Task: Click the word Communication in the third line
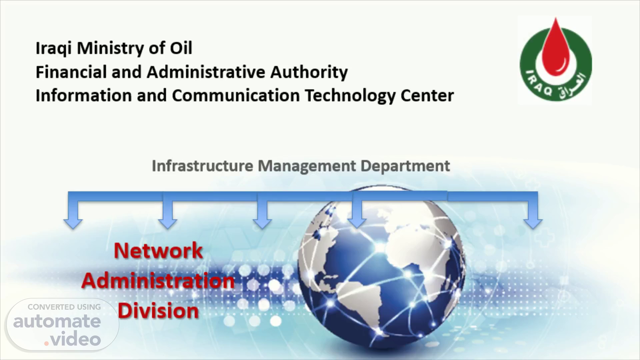[236, 95]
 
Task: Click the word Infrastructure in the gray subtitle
[202, 166]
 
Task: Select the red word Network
[158, 250]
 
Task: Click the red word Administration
[158, 281]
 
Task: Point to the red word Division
[158, 311]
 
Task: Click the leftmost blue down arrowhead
[73, 223]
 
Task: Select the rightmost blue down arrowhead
[533, 223]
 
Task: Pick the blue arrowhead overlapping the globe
[357, 223]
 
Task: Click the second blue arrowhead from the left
[168, 223]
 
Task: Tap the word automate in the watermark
[57, 321]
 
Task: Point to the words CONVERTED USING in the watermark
[64, 307]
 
